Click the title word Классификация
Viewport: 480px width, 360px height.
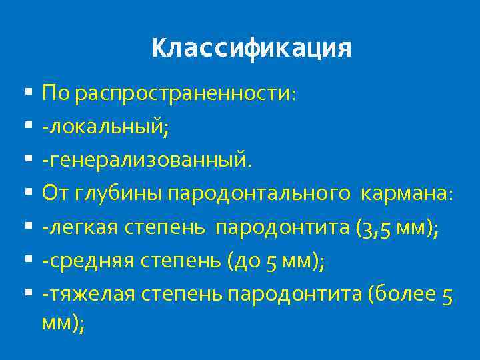click(251, 49)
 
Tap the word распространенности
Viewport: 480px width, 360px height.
click(182, 93)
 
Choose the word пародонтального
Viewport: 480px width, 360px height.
click(259, 193)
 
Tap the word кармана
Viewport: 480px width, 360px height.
click(404, 193)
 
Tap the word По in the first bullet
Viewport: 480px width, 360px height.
click(56, 93)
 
